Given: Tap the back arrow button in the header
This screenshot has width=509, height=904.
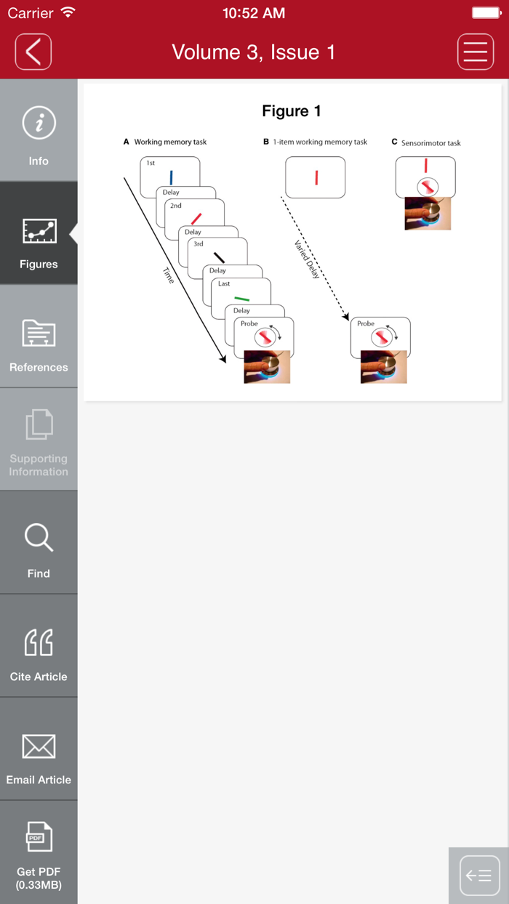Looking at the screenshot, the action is [x=33, y=52].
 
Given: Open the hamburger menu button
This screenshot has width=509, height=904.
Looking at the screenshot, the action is [x=476, y=52].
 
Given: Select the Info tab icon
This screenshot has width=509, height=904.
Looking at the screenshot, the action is [x=39, y=123].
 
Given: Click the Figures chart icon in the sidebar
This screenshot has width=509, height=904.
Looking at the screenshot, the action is [x=39, y=231].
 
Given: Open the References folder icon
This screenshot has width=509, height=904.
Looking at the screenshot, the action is [x=39, y=333].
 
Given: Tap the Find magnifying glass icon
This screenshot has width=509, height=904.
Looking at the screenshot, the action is [x=39, y=538].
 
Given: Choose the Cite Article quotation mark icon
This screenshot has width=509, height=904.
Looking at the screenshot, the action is [x=39, y=642].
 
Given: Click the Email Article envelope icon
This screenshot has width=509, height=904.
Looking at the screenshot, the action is [x=39, y=746].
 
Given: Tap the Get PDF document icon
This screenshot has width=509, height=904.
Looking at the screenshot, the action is [x=39, y=836].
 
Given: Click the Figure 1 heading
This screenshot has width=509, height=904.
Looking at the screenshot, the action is [x=292, y=111].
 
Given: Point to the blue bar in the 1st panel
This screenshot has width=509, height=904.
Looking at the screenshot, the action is [x=172, y=177].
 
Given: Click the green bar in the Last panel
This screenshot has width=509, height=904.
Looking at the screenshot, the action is [x=242, y=299].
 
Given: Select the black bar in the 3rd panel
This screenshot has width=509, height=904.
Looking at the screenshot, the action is [x=219, y=257].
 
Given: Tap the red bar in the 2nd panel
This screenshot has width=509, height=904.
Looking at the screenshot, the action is [x=196, y=219].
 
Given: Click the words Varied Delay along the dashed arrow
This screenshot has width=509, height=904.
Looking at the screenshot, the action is [x=307, y=259].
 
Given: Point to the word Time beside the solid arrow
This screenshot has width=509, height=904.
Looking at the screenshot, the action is [x=169, y=275].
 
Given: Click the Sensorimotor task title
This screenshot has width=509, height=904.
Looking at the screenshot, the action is [x=430, y=143].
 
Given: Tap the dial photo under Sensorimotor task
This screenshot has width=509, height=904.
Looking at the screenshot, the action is [x=428, y=214].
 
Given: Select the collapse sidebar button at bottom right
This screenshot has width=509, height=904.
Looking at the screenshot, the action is [x=479, y=876].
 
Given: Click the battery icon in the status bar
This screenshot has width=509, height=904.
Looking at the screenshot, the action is [x=486, y=13].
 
